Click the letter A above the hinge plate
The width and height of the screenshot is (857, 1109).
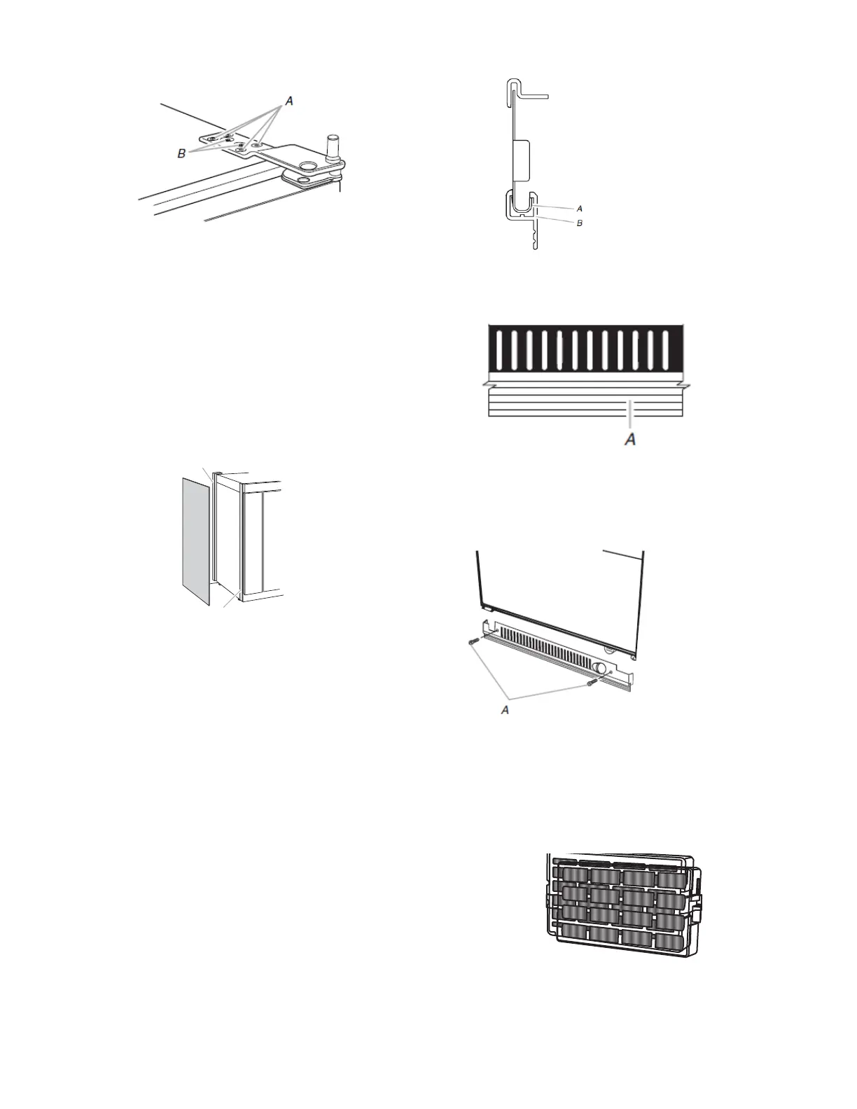click(289, 102)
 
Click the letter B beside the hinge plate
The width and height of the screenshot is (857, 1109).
click(181, 153)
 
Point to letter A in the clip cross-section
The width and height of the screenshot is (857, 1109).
click(580, 208)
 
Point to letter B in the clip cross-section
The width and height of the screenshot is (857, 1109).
click(580, 223)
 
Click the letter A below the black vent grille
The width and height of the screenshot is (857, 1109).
click(630, 440)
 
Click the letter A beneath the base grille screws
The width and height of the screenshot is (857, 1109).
click(503, 709)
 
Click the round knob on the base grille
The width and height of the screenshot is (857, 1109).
click(599, 667)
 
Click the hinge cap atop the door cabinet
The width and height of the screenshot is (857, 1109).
click(219, 473)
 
